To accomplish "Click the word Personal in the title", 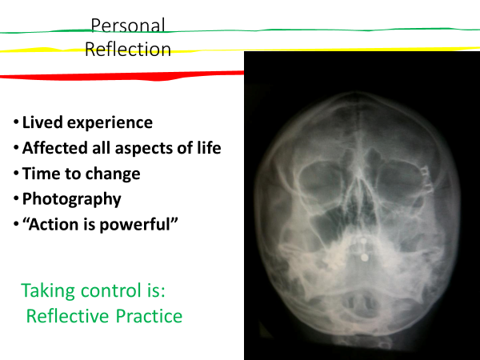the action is pos(128,25).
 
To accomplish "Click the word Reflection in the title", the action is pos(128,50).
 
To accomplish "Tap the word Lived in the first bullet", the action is pos(42,122).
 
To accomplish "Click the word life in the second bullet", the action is pos(209,148).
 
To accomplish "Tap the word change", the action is pos(113,174).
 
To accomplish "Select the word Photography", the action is pos(72,199).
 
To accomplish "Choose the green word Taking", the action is pos(48,291).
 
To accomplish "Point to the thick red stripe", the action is pos(122,76).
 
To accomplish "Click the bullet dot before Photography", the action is pos(16,198).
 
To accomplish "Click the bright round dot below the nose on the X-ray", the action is pos(364,258).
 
